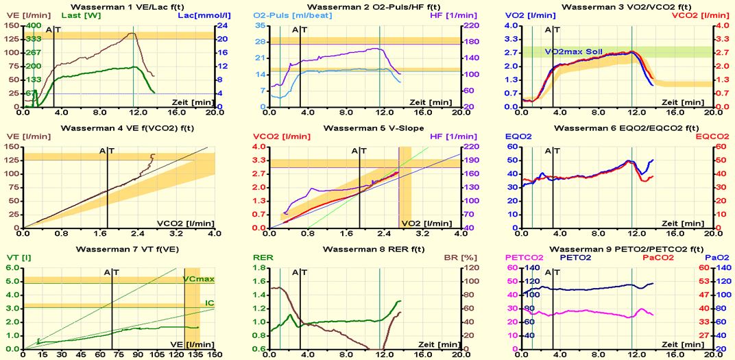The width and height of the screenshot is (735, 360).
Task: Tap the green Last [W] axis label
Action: tap(60, 15)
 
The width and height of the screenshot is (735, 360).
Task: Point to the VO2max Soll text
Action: tap(575, 51)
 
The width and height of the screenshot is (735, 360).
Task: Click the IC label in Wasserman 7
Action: tap(209, 302)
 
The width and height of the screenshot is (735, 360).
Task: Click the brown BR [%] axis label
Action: tap(449, 258)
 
